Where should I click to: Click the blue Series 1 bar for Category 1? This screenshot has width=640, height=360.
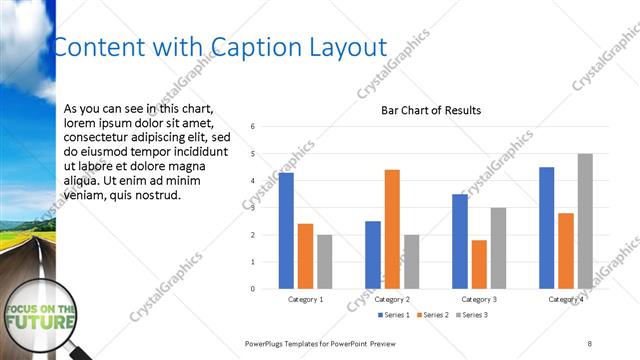(286, 231)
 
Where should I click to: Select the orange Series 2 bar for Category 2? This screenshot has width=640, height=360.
(392, 229)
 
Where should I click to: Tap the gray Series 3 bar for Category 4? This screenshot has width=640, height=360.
(585, 221)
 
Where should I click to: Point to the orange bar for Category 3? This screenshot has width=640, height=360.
(479, 264)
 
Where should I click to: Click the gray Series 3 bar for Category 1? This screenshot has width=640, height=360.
(325, 262)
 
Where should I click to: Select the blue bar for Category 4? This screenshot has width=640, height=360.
(546, 228)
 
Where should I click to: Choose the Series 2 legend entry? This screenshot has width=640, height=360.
(431, 315)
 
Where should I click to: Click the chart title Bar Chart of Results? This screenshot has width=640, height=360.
(431, 110)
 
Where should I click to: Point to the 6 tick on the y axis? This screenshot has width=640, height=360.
(254, 127)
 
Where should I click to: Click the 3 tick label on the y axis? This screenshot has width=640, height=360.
(254, 208)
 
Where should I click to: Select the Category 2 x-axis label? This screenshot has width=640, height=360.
(392, 299)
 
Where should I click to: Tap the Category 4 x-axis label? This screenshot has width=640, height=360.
(566, 299)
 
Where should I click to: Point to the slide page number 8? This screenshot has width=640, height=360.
(590, 343)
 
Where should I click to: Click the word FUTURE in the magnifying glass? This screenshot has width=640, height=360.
(40, 324)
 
